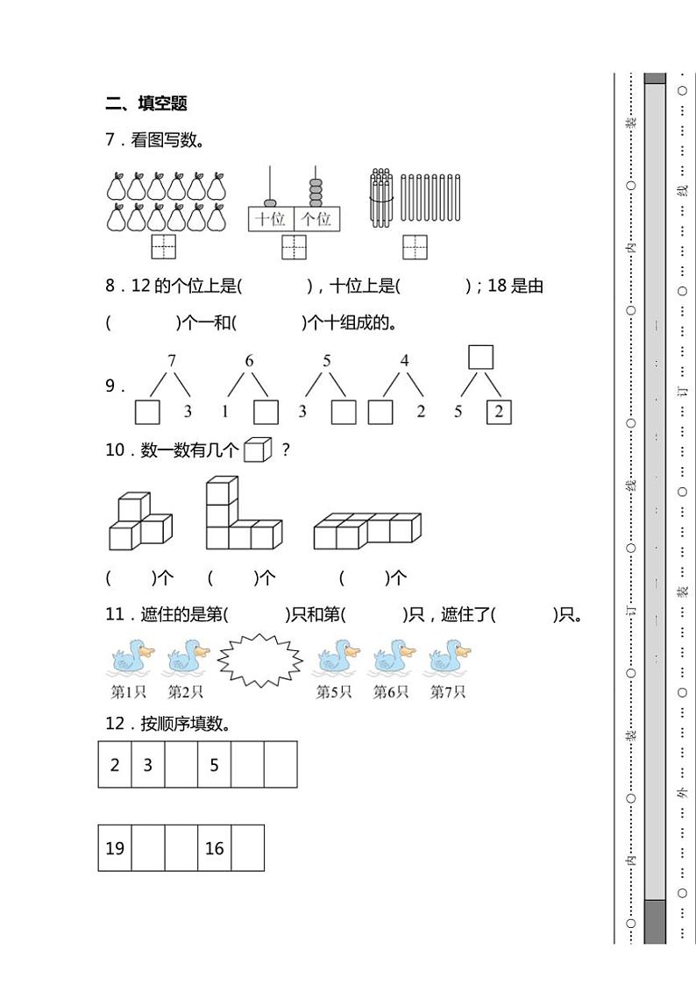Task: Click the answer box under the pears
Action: (163, 247)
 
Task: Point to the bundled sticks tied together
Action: (380, 199)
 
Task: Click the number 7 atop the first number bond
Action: (172, 360)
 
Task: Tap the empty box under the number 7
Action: (147, 412)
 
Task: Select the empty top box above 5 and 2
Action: (480, 357)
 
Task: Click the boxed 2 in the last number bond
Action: (499, 412)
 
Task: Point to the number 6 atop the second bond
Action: (250, 360)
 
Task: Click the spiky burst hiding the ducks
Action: (260, 660)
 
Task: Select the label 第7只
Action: (447, 692)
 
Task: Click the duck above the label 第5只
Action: (337, 658)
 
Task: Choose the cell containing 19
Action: (115, 848)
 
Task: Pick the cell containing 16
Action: (215, 848)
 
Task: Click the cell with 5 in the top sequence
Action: (215, 765)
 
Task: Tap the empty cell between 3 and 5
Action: (181, 765)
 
